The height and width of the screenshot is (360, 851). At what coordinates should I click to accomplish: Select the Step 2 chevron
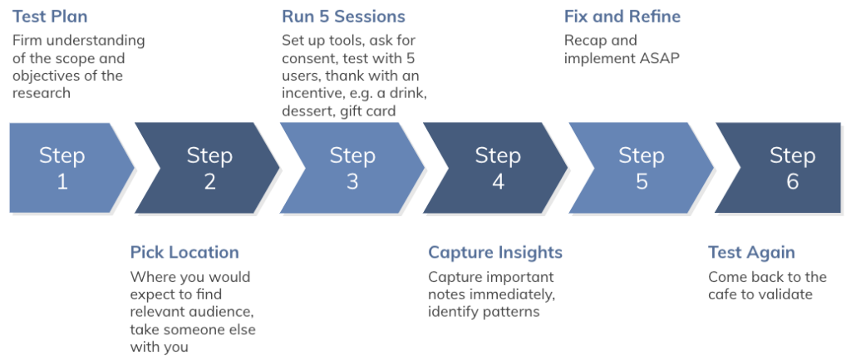(x=209, y=167)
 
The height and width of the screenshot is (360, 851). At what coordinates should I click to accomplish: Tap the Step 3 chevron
(x=352, y=167)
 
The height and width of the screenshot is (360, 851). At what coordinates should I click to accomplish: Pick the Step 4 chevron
(x=497, y=167)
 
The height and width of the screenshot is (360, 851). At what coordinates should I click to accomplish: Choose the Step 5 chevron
(x=642, y=167)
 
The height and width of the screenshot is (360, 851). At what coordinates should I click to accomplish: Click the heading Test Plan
(x=50, y=17)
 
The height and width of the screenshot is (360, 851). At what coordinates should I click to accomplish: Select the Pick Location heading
(x=184, y=253)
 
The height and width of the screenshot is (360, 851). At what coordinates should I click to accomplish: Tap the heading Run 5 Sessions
(x=343, y=17)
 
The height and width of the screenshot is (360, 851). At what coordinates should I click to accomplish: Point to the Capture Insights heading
(x=495, y=253)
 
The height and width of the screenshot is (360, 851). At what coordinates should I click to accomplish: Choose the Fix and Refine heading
(x=622, y=17)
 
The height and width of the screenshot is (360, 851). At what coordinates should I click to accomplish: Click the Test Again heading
(x=751, y=253)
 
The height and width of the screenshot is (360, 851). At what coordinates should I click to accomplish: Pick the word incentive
(x=308, y=93)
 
